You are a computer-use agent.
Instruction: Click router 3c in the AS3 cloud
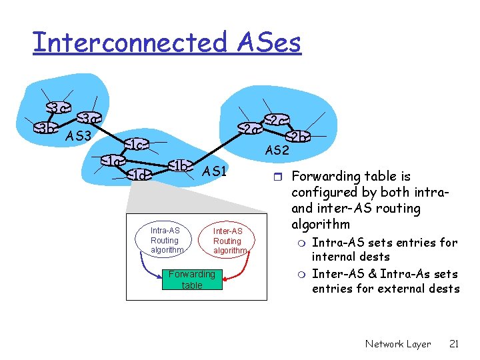[58, 108]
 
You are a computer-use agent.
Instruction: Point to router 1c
[135, 145]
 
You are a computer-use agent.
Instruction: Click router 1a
[113, 161]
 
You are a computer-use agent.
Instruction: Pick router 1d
[139, 175]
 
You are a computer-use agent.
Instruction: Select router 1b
[179, 165]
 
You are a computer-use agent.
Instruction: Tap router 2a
[249, 129]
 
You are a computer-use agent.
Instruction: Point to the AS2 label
[277, 151]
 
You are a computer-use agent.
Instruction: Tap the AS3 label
[78, 137]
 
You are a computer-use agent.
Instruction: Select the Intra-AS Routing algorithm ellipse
[165, 241]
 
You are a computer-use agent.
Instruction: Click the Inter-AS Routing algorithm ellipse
[227, 241]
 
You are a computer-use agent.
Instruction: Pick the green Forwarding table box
[191, 279]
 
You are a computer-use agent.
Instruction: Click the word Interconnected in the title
[129, 42]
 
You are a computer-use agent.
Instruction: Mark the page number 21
[453, 344]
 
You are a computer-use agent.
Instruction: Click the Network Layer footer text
[398, 344]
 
